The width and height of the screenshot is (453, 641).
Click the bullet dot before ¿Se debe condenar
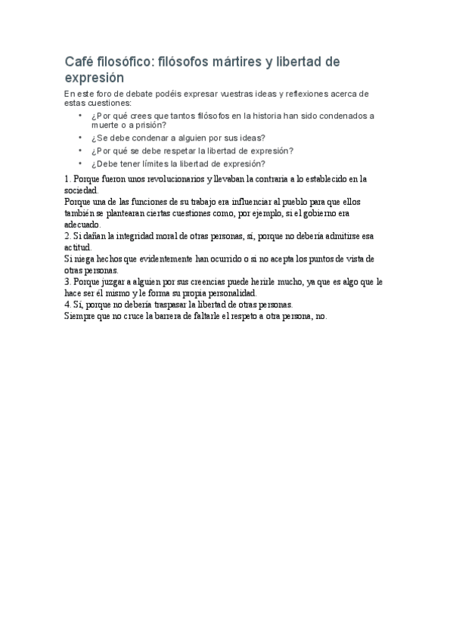point(81,138)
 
